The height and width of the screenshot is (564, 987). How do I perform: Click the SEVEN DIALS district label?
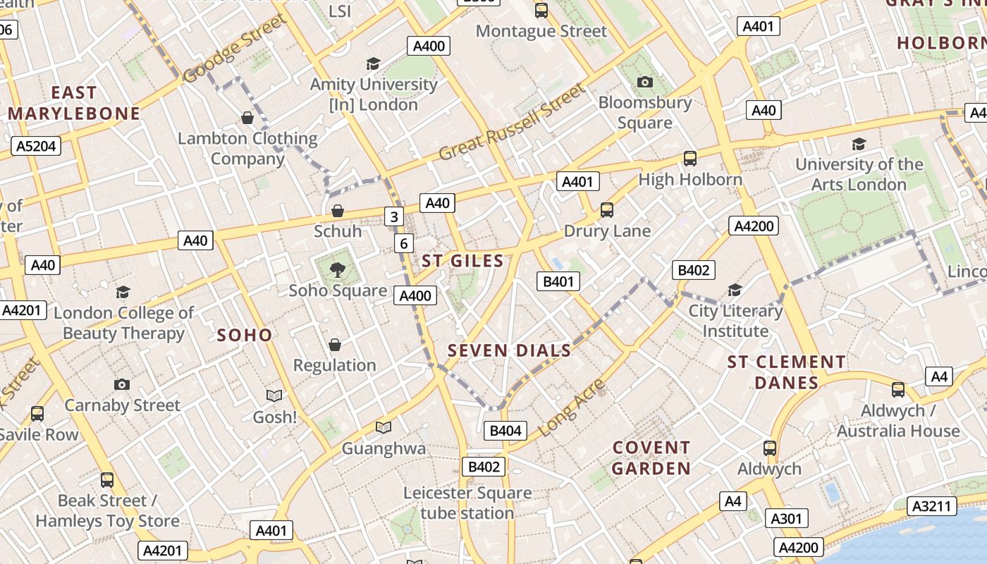509,350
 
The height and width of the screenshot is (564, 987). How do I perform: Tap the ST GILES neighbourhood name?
462,261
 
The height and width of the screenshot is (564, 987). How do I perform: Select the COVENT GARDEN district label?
651,458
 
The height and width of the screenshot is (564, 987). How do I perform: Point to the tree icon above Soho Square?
338,269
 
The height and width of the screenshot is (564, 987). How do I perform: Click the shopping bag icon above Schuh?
338,211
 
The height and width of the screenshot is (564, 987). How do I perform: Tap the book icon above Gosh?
274,396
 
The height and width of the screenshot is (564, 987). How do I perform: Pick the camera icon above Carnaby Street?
122,384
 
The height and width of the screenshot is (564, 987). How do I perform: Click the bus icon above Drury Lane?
606,209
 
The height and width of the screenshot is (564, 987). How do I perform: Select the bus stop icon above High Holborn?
689,159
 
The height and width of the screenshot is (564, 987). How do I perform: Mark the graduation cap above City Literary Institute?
735,290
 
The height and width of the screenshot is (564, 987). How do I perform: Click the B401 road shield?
558,282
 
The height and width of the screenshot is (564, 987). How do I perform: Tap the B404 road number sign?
505,431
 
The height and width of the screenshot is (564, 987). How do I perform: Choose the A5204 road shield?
36,146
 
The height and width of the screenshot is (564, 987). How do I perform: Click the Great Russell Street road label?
512,123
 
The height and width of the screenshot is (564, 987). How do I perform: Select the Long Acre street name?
572,407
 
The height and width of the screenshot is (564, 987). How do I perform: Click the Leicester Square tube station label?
467,503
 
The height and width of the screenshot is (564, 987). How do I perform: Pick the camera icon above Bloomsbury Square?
644,82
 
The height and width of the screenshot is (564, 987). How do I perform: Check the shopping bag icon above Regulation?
335,345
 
